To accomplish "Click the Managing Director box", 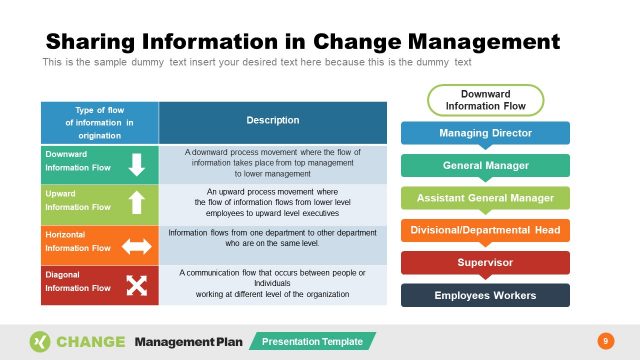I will coord(485,133).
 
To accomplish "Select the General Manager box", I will coord(485,165).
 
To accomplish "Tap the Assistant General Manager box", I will coord(485,197).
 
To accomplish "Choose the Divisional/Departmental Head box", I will coord(485,230).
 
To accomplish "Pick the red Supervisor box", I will coord(485,262).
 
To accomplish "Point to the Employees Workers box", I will coord(485,295).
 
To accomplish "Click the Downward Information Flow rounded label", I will coord(485,100).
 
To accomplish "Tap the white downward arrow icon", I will coord(136,165).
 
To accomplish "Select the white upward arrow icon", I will coord(136,204).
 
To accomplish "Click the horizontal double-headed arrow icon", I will coord(136,245).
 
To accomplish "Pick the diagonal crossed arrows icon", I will coord(136,286).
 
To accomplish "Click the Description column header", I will coord(272,121).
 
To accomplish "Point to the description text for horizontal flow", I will coord(272,237).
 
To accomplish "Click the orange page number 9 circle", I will coord(603,341).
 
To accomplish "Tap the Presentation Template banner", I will coord(313,341).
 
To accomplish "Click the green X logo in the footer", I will coord(40,341).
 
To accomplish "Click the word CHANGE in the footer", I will coord(91,341).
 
